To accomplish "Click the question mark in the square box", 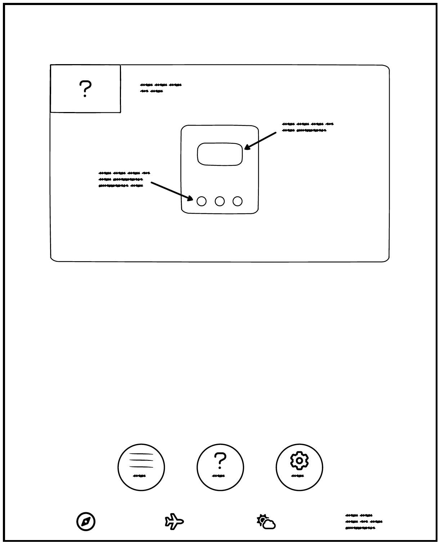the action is [x=85, y=89].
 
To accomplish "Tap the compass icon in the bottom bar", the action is [x=86, y=521].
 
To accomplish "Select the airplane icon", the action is [x=174, y=521].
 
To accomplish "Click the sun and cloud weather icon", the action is [x=266, y=522].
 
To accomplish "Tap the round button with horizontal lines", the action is [x=141, y=467].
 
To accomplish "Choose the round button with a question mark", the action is [x=220, y=467].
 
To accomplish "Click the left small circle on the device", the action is [x=202, y=201].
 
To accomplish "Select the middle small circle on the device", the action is [x=220, y=201].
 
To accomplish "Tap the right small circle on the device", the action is [x=238, y=201].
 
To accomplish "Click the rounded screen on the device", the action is [x=220, y=154].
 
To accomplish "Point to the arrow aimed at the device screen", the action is [x=260, y=141].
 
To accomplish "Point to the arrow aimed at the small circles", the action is [x=172, y=191].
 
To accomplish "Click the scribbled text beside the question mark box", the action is [x=161, y=88].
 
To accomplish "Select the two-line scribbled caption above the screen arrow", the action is [x=307, y=127].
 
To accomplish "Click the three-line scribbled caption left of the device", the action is [x=124, y=179].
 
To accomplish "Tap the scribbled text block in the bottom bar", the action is [x=364, y=522].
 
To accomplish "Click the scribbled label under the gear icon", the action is [x=297, y=476].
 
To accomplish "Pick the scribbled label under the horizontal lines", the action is [x=139, y=476].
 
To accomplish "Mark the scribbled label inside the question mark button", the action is [x=219, y=476].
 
